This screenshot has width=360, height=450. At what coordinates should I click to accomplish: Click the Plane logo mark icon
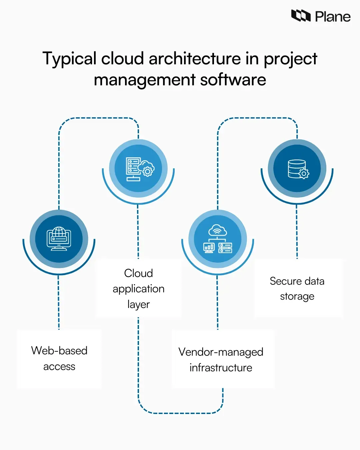(301, 16)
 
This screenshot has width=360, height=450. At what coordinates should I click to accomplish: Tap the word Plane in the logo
(332, 17)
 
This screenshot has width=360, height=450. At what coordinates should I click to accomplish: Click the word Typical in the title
(69, 59)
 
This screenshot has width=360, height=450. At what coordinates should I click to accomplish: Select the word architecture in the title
(195, 59)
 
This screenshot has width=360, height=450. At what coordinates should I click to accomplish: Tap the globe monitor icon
(59, 239)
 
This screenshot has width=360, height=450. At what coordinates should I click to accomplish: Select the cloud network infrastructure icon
(218, 239)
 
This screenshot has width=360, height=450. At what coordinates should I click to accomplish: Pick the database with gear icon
(297, 169)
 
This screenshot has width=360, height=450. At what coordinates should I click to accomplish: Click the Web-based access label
(59, 358)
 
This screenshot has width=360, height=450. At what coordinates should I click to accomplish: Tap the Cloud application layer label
(139, 288)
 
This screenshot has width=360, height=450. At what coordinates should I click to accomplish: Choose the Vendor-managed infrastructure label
(221, 359)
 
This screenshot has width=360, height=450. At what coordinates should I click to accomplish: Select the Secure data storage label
(297, 288)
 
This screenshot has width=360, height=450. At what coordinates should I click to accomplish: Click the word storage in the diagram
(297, 296)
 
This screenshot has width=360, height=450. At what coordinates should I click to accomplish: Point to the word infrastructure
(221, 367)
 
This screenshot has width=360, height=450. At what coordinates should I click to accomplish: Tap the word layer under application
(139, 304)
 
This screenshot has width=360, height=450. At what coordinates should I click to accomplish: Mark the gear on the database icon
(304, 174)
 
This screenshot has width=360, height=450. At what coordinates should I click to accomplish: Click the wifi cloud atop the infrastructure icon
(217, 230)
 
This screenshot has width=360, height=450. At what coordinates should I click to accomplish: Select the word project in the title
(290, 59)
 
